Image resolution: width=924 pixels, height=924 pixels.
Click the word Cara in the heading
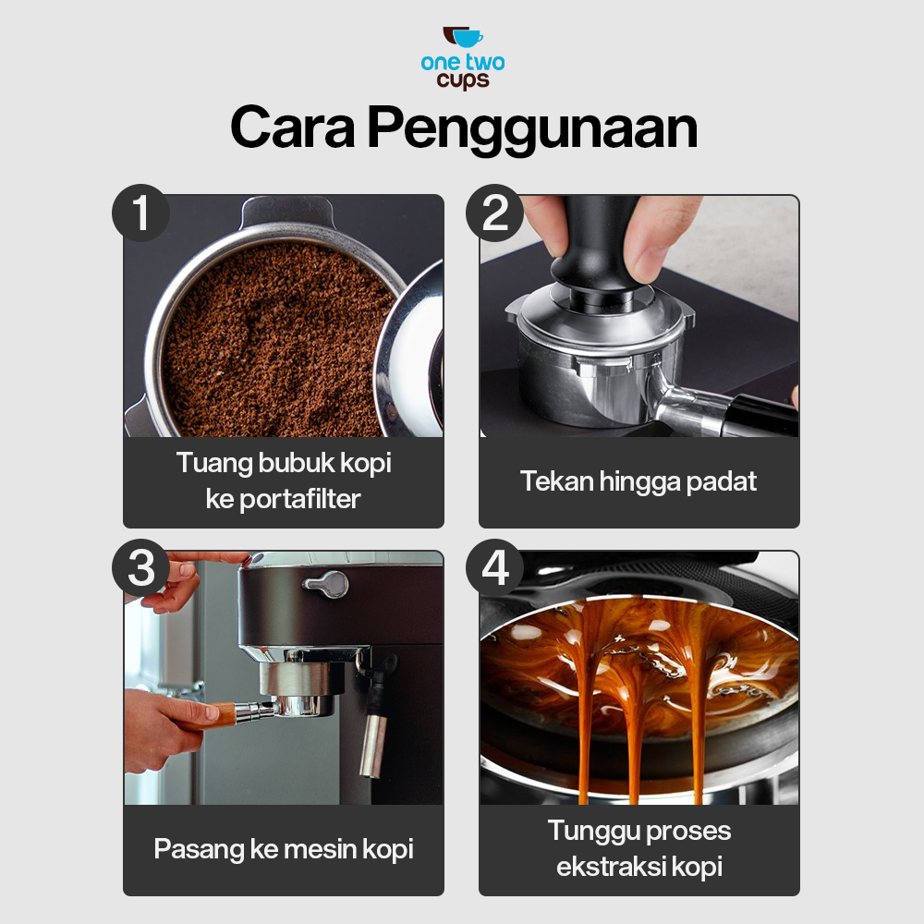coord(292,128)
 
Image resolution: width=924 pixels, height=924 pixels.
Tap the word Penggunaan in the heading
coord(533,130)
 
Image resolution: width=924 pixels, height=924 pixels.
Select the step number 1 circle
coord(140,213)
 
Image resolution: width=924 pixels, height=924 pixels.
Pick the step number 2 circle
coord(495,213)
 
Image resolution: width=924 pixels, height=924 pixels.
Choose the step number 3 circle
coord(140,567)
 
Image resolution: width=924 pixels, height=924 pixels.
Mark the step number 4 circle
coord(495,567)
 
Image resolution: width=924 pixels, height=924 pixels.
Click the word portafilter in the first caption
coord(300,500)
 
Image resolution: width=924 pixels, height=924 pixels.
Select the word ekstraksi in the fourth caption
coord(611,867)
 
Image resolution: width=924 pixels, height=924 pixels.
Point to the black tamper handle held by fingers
coord(594,248)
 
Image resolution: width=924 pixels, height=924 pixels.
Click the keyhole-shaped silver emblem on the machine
coord(326,583)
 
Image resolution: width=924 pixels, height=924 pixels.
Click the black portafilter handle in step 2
coord(760,415)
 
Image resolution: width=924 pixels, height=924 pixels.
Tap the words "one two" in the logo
coord(463,63)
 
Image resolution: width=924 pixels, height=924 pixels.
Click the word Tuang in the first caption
coord(214,464)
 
